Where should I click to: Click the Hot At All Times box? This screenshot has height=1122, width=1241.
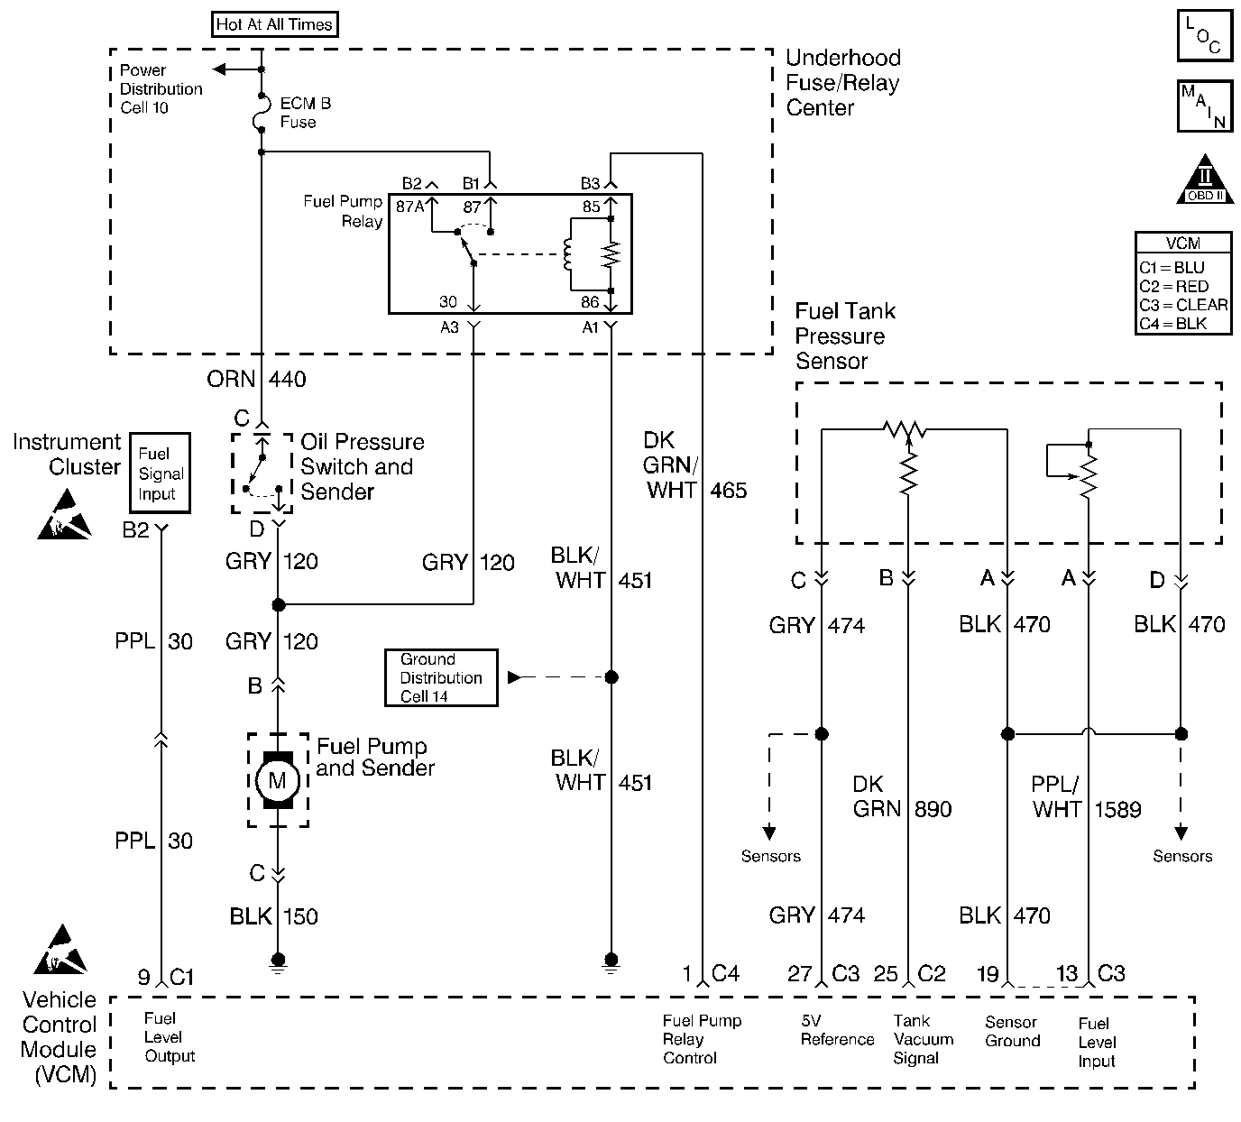click(x=275, y=24)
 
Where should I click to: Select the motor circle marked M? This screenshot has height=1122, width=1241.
click(x=277, y=780)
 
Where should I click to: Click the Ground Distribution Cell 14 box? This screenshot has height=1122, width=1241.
click(x=441, y=677)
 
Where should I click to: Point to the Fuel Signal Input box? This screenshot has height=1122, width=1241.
click(x=161, y=474)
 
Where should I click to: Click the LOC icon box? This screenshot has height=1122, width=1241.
click(x=1205, y=35)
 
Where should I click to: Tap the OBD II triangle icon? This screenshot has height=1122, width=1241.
click(x=1205, y=179)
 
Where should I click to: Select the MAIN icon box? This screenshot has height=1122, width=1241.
click(x=1205, y=106)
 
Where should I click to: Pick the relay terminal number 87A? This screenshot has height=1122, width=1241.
click(x=409, y=207)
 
